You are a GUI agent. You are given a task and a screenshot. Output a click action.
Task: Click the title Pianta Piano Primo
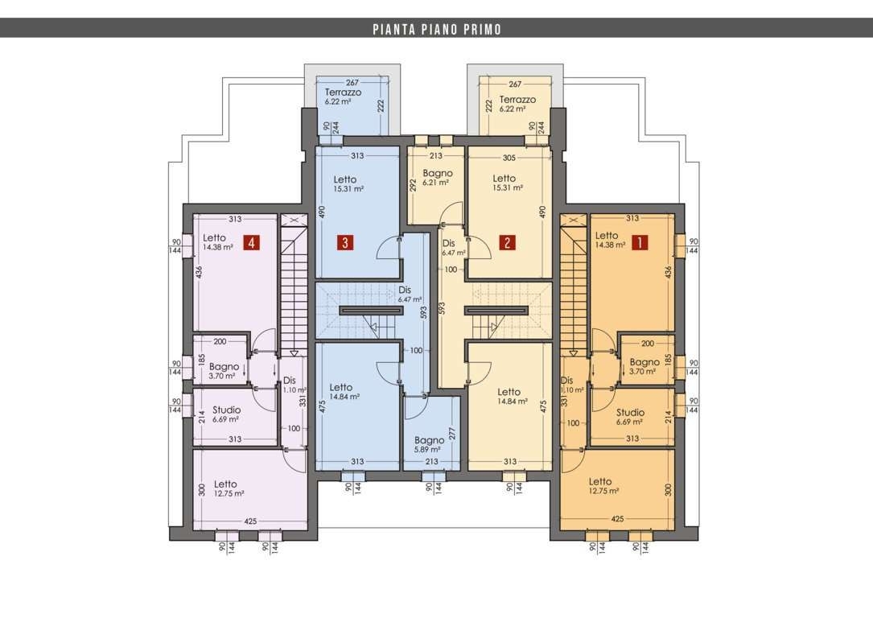437,29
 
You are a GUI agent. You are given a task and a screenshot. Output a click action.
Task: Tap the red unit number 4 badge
252,243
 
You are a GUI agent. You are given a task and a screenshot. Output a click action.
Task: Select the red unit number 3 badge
345,243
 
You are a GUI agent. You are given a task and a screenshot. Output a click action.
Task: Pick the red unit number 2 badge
507,243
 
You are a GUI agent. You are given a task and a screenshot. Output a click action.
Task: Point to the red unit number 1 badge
640,243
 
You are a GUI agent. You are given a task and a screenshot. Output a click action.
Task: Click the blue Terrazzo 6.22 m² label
343,97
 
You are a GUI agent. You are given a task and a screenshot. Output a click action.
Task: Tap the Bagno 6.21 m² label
438,177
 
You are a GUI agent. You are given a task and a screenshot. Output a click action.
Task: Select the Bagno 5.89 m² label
430,444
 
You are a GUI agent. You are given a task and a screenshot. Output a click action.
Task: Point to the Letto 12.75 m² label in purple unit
229,488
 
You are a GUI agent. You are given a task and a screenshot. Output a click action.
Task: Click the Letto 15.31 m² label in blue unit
348,183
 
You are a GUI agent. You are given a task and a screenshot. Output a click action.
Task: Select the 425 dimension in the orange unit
617,519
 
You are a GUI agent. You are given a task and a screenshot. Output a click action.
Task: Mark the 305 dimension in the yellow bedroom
509,158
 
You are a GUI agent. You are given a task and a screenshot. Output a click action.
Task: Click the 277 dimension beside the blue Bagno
451,434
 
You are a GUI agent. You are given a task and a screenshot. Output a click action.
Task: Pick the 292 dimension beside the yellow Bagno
413,185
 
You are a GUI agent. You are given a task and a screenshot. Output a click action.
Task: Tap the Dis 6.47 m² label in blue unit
410,295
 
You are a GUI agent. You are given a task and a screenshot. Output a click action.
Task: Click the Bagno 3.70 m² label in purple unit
224,371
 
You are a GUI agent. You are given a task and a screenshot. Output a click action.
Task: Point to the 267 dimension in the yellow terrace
515,84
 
